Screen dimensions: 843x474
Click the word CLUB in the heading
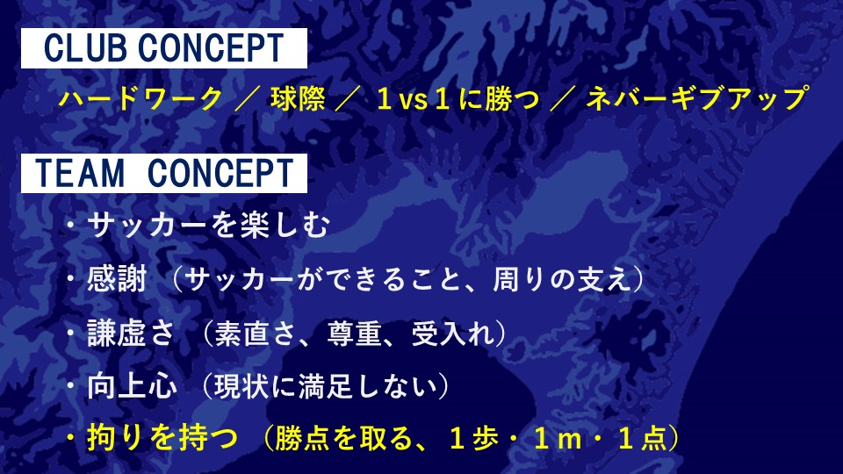click(x=86, y=47)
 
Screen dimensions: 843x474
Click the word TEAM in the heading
click(x=80, y=173)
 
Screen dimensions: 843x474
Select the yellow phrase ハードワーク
click(x=140, y=99)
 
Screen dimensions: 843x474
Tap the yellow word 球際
click(x=298, y=99)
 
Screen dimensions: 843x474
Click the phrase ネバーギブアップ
click(x=696, y=99)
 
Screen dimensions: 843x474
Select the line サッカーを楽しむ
click(x=209, y=225)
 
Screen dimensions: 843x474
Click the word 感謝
click(x=117, y=279)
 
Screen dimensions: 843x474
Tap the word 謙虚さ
click(x=131, y=333)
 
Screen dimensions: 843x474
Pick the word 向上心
click(x=132, y=386)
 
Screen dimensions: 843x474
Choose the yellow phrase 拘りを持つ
click(x=162, y=437)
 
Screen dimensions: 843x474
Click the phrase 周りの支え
click(x=562, y=279)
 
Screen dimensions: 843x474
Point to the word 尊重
click(x=355, y=333)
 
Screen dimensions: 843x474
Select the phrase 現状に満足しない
click(x=326, y=386)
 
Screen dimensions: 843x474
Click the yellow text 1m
click(x=558, y=438)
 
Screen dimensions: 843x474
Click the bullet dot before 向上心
click(x=70, y=386)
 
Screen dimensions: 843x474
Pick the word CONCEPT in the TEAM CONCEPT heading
click(x=220, y=173)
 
